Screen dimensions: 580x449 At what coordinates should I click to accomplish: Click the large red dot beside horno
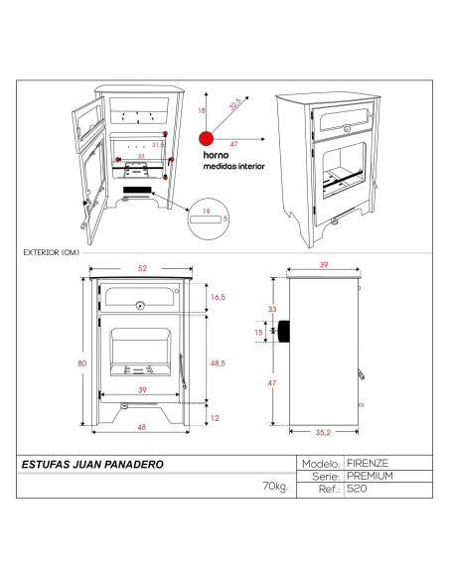pos(206,139)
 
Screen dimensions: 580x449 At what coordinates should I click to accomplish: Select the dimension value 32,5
pos(233,102)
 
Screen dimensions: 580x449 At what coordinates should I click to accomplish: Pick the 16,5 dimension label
pos(218,296)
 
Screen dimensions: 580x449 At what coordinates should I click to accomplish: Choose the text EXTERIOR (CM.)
pos(50,252)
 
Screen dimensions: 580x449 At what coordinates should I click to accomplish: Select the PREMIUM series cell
pos(371,476)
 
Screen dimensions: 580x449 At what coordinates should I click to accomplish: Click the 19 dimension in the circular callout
pos(205,212)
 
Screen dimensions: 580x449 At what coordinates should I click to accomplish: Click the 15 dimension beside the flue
pos(259,331)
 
